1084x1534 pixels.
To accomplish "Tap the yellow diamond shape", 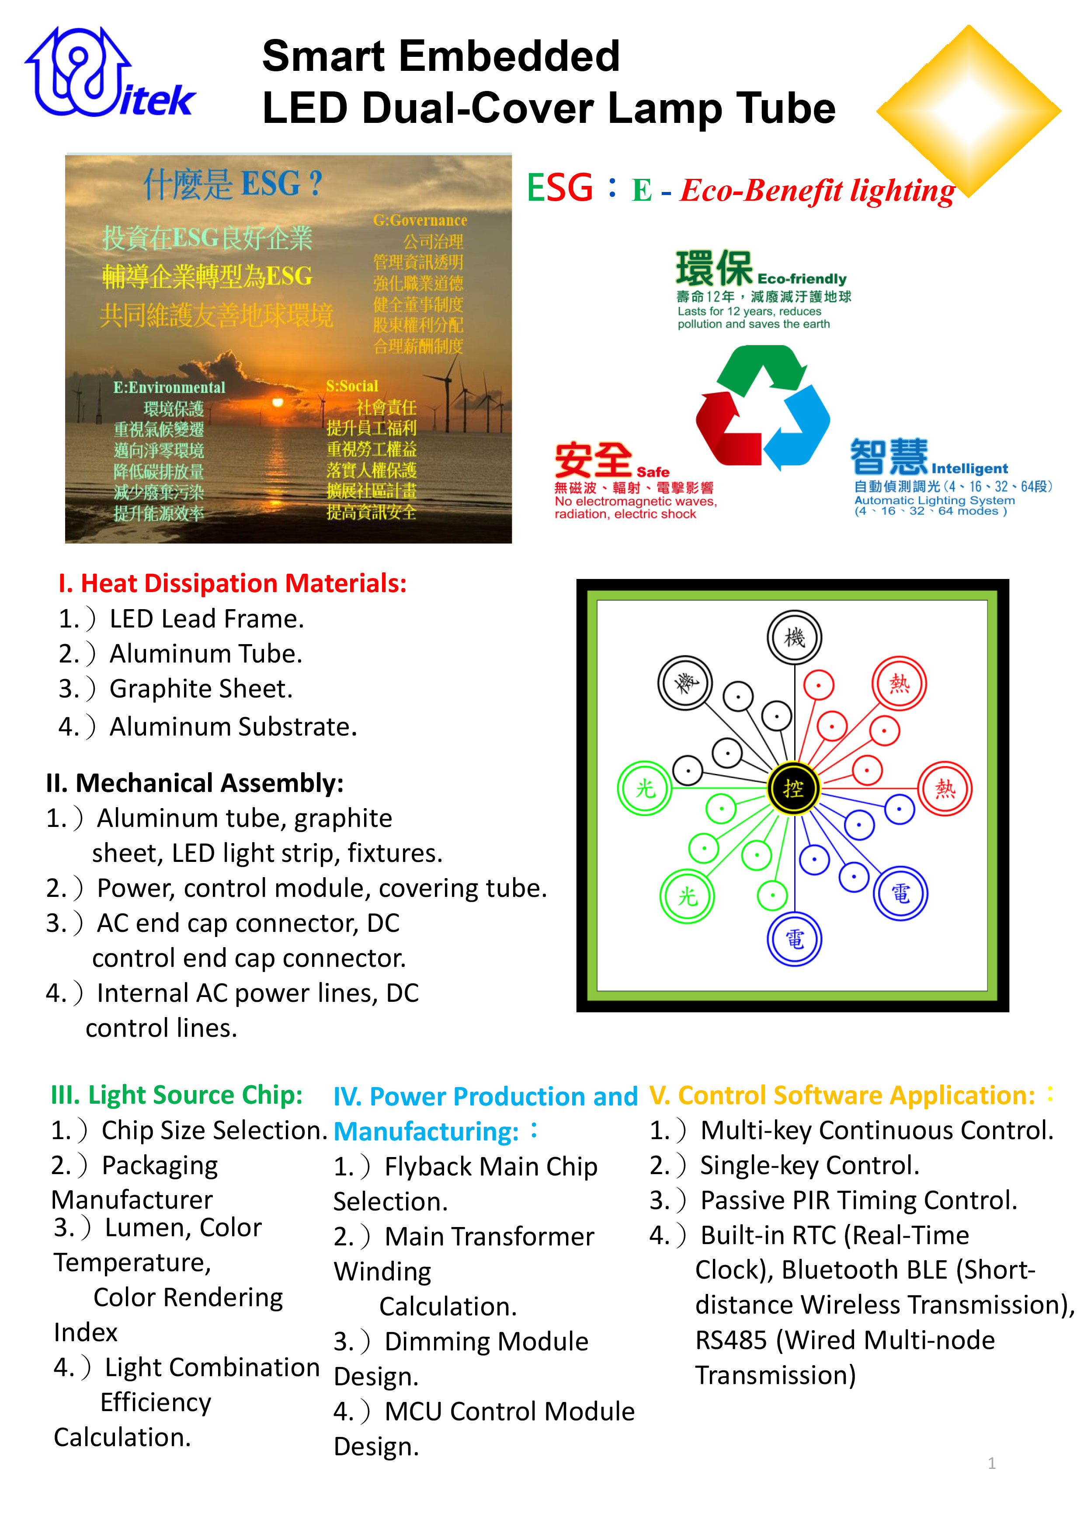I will point(969,110).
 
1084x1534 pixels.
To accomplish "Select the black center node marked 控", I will point(793,788).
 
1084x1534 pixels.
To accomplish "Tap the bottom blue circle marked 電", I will point(794,939).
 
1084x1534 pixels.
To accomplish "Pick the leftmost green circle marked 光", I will point(645,788).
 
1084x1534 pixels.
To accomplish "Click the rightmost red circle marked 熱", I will point(945,788).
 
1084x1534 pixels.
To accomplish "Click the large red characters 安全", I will point(593,460).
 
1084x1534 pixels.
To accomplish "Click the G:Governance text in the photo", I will point(420,220).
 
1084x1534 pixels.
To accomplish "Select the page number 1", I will point(992,1463).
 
